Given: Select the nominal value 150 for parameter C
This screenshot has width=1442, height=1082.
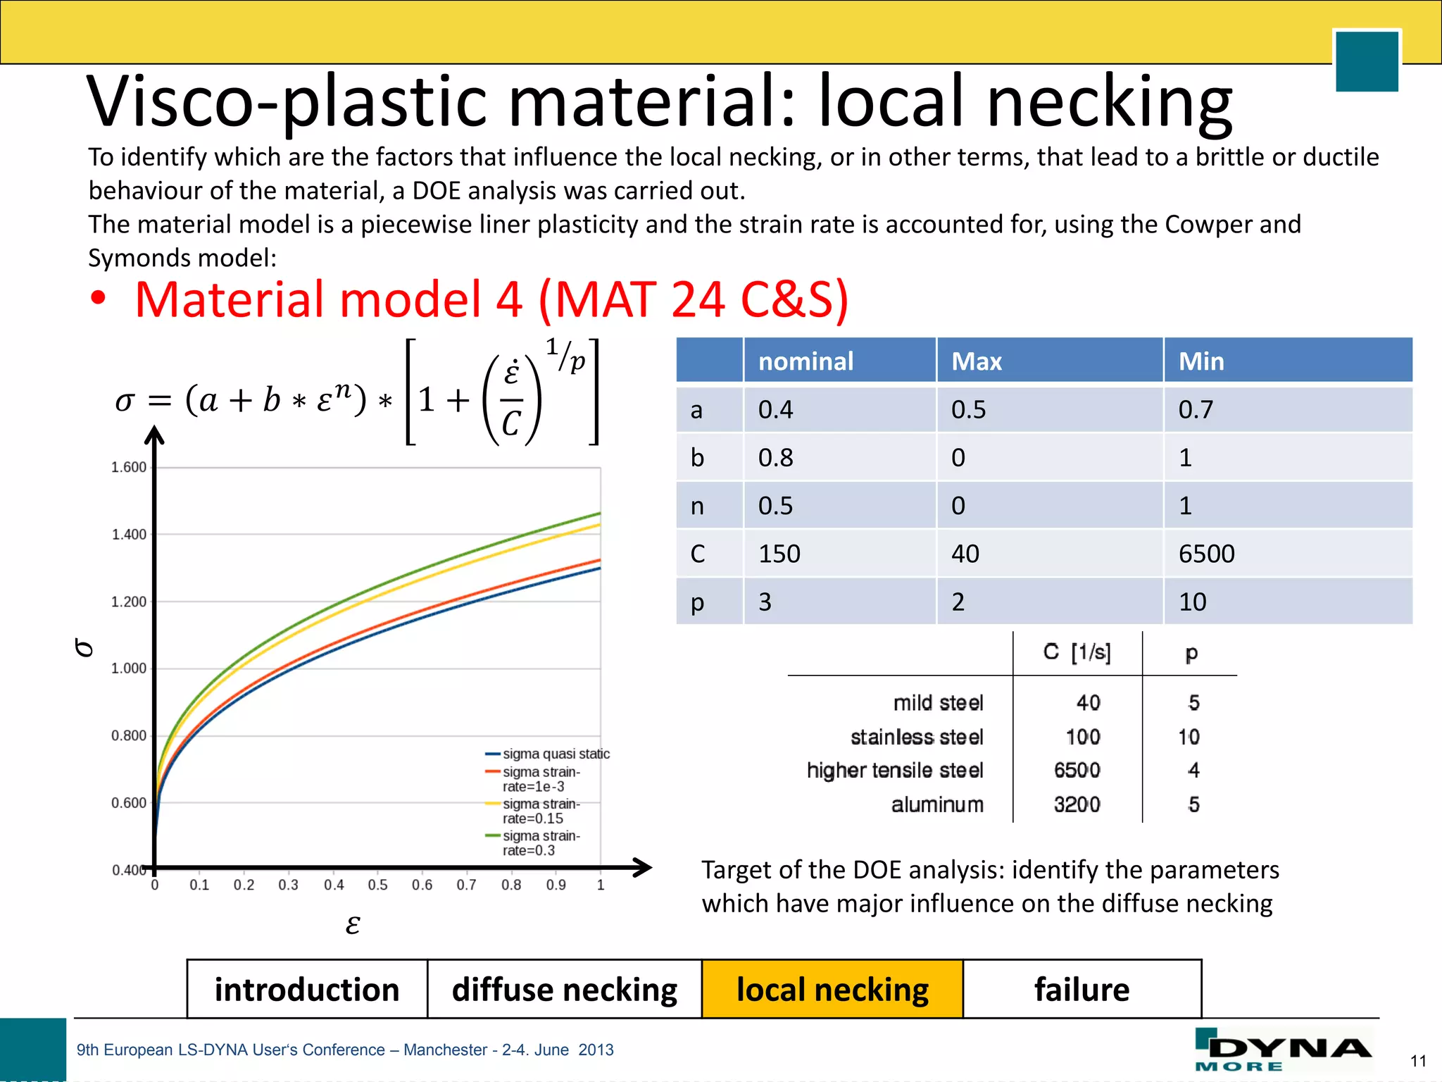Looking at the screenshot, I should tap(779, 554).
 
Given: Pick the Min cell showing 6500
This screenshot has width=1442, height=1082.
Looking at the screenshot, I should tap(1206, 554).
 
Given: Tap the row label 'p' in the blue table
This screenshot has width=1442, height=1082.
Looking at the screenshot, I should tap(697, 602).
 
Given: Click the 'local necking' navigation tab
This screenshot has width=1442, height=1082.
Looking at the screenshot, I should tap(832, 989).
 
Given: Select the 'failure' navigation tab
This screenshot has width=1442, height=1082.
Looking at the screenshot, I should tap(1081, 989).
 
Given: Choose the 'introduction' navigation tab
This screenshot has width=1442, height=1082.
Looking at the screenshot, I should tap(307, 989).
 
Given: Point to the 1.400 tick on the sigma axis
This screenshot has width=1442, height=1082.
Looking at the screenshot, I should tap(130, 535).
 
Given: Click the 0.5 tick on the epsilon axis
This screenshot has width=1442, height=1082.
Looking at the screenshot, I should tap(377, 885).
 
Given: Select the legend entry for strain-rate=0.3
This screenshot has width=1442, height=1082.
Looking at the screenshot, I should tap(541, 843).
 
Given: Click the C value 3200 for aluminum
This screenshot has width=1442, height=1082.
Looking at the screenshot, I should tap(1077, 804).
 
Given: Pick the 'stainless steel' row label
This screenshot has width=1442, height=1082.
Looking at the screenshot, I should tap(917, 737).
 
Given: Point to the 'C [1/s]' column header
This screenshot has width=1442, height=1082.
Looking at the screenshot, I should tap(1077, 652).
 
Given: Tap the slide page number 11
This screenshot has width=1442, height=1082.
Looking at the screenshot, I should tap(1418, 1061).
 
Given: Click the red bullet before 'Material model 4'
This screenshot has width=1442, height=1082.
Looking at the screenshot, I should tap(99, 299).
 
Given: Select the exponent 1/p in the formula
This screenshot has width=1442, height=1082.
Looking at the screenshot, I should tap(565, 354).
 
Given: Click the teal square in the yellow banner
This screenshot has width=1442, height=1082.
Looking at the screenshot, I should tap(1366, 61).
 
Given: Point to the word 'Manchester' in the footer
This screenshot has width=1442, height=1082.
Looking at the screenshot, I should tap(445, 1050).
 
